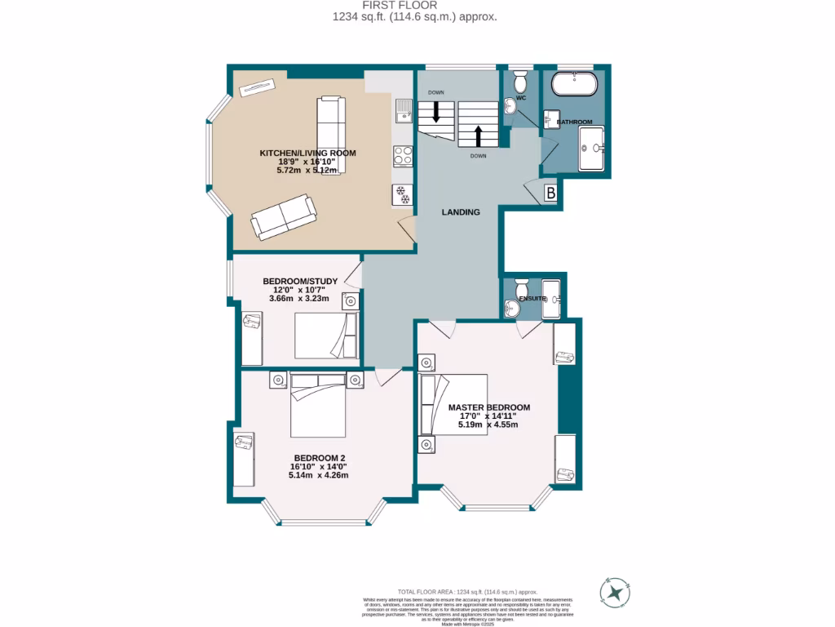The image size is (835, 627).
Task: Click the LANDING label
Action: click(x=461, y=212)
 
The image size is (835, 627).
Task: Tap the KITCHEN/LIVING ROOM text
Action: click(x=307, y=153)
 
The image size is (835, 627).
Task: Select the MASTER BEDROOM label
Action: click(x=489, y=407)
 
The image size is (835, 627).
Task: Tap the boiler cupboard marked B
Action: click(x=550, y=194)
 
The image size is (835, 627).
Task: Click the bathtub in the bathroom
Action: click(x=575, y=84)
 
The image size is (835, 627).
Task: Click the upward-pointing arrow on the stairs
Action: click(x=479, y=134)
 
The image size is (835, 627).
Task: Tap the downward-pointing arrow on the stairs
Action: click(x=436, y=112)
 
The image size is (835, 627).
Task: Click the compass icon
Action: click(x=616, y=592)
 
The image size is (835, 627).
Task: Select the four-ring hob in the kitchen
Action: click(x=402, y=155)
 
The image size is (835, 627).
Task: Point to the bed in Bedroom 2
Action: click(x=320, y=405)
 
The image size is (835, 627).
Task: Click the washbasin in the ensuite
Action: click(x=511, y=308)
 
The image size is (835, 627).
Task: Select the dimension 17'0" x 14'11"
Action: click(x=488, y=416)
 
